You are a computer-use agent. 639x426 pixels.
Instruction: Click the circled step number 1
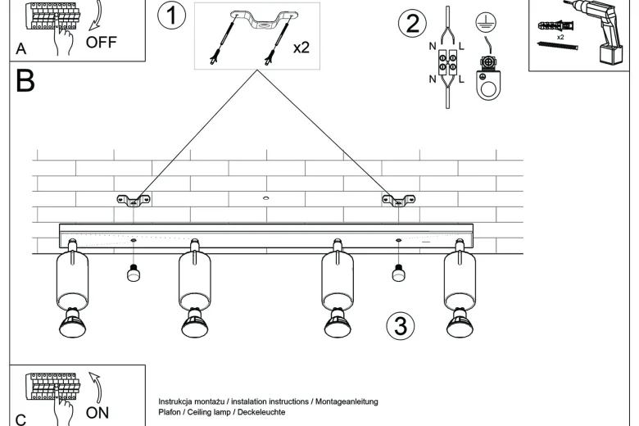pyautogui.click(x=171, y=16)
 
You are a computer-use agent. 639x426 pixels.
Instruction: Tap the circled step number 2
pyautogui.click(x=412, y=22)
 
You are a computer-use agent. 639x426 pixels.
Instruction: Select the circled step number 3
pyautogui.click(x=401, y=326)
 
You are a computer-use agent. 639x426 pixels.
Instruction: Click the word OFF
pyautogui.click(x=101, y=42)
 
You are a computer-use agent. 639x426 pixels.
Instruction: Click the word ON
pyautogui.click(x=97, y=413)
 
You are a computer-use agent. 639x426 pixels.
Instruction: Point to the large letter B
pyautogui.click(x=25, y=80)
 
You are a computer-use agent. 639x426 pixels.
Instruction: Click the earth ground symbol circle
pyautogui.click(x=486, y=22)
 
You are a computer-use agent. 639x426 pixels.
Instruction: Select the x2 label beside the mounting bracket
pyautogui.click(x=301, y=48)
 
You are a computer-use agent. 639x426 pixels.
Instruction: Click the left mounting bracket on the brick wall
pyautogui.click(x=134, y=200)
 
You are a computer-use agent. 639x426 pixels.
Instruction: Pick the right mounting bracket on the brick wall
pyautogui.click(x=399, y=200)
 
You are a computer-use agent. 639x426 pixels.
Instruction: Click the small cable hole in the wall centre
pyautogui.click(x=266, y=198)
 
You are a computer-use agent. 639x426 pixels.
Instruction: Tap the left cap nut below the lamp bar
pyautogui.click(x=134, y=273)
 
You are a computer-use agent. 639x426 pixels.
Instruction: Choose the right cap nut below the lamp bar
pyautogui.click(x=399, y=273)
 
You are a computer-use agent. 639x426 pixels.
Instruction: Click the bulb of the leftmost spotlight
pyautogui.click(x=73, y=323)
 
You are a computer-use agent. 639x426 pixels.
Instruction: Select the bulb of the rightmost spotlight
pyautogui.click(x=460, y=323)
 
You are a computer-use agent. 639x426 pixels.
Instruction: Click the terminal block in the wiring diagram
pyautogui.click(x=447, y=62)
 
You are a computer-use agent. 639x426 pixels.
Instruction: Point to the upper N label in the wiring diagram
pyautogui.click(x=433, y=47)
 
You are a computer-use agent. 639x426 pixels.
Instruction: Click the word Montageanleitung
pyautogui.click(x=347, y=402)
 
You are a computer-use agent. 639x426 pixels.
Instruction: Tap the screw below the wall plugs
pyautogui.click(x=559, y=45)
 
